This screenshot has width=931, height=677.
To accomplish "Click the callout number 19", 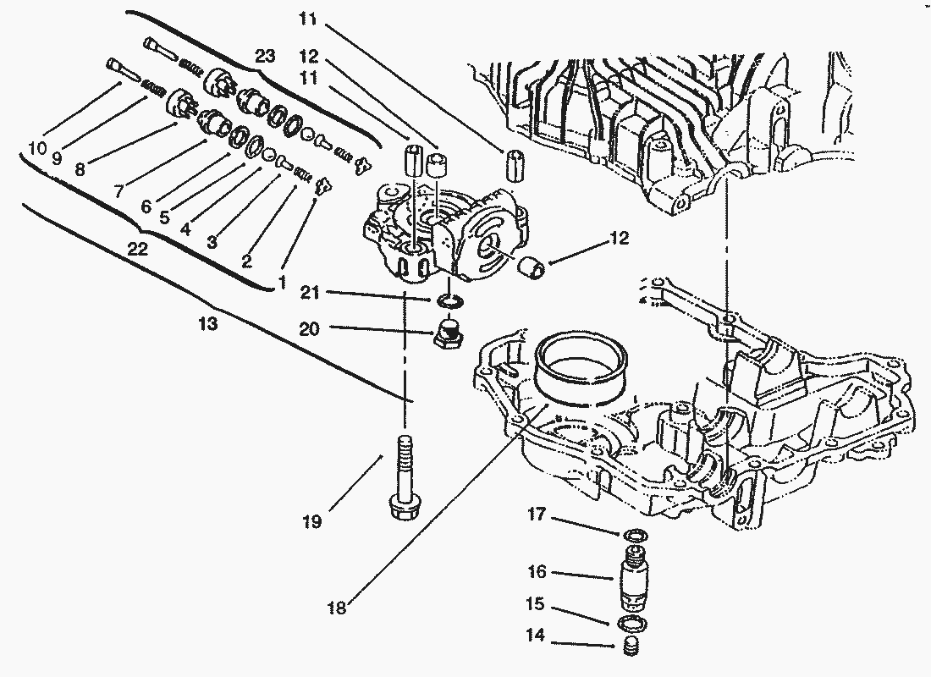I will click(311, 522).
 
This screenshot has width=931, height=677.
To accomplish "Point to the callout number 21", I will click(310, 292).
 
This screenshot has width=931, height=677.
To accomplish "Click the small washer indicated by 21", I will click(449, 300).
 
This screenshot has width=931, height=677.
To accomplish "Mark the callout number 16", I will click(537, 572).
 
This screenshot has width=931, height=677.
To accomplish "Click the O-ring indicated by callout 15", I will click(631, 625).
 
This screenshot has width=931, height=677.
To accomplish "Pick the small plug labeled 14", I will click(631, 647).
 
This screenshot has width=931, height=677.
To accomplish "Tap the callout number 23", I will click(265, 56).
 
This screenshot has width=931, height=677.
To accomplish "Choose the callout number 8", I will click(80, 169).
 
